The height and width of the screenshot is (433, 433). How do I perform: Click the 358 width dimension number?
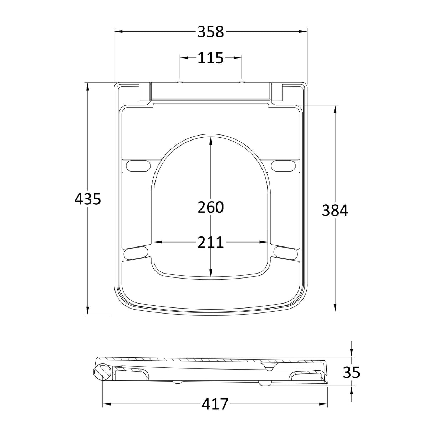pyautogui.click(x=210, y=32)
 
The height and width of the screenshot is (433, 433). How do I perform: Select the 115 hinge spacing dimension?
pyautogui.click(x=210, y=58)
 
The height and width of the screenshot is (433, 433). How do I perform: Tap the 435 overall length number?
pyautogui.click(x=87, y=199)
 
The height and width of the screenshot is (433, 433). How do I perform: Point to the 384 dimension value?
pyautogui.click(x=335, y=210)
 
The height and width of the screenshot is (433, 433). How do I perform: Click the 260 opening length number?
pyautogui.click(x=210, y=207)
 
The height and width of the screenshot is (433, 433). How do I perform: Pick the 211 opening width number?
pyautogui.click(x=210, y=243)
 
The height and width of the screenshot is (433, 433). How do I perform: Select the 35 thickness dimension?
pyautogui.click(x=352, y=373)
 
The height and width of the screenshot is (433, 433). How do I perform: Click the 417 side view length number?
pyautogui.click(x=215, y=404)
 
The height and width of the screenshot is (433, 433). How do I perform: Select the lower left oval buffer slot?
pyautogui.click(x=136, y=252)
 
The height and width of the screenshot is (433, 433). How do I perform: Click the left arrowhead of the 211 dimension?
pyautogui.click(x=158, y=243)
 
